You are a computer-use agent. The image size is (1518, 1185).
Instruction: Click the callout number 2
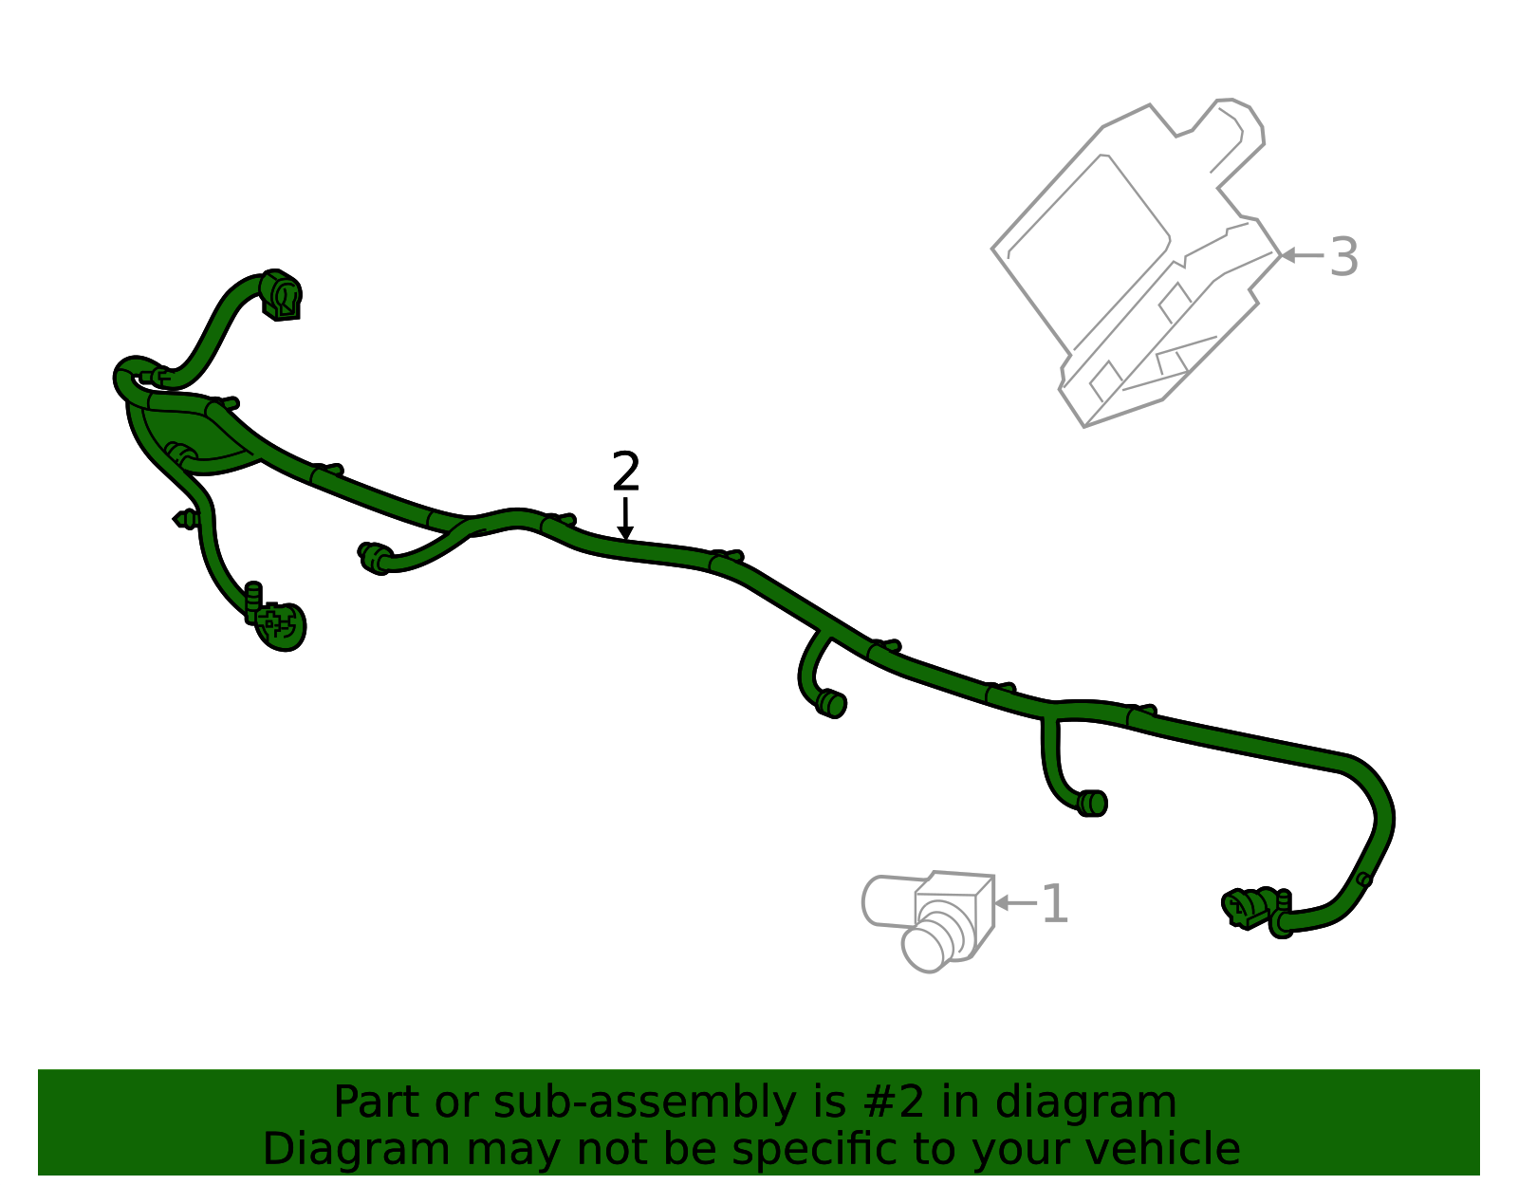click(x=625, y=472)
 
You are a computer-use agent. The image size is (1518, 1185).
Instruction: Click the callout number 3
click(x=1343, y=257)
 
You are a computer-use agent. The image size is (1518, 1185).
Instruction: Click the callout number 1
click(x=1055, y=904)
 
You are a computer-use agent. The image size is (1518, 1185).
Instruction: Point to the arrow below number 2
click(x=625, y=519)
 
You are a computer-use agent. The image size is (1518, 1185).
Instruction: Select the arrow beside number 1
click(x=1015, y=903)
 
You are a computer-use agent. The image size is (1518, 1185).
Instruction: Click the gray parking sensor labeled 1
click(x=928, y=920)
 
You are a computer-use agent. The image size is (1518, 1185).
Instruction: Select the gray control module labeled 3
click(x=1137, y=262)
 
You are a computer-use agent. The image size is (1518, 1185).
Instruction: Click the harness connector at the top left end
click(x=281, y=295)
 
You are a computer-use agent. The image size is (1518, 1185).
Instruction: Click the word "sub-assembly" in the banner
click(x=644, y=1103)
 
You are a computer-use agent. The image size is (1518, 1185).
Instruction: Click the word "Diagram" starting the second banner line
click(x=357, y=1150)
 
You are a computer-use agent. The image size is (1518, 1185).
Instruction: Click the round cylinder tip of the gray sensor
click(x=924, y=947)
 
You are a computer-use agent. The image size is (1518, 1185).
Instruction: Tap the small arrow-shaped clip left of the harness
click(x=185, y=520)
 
